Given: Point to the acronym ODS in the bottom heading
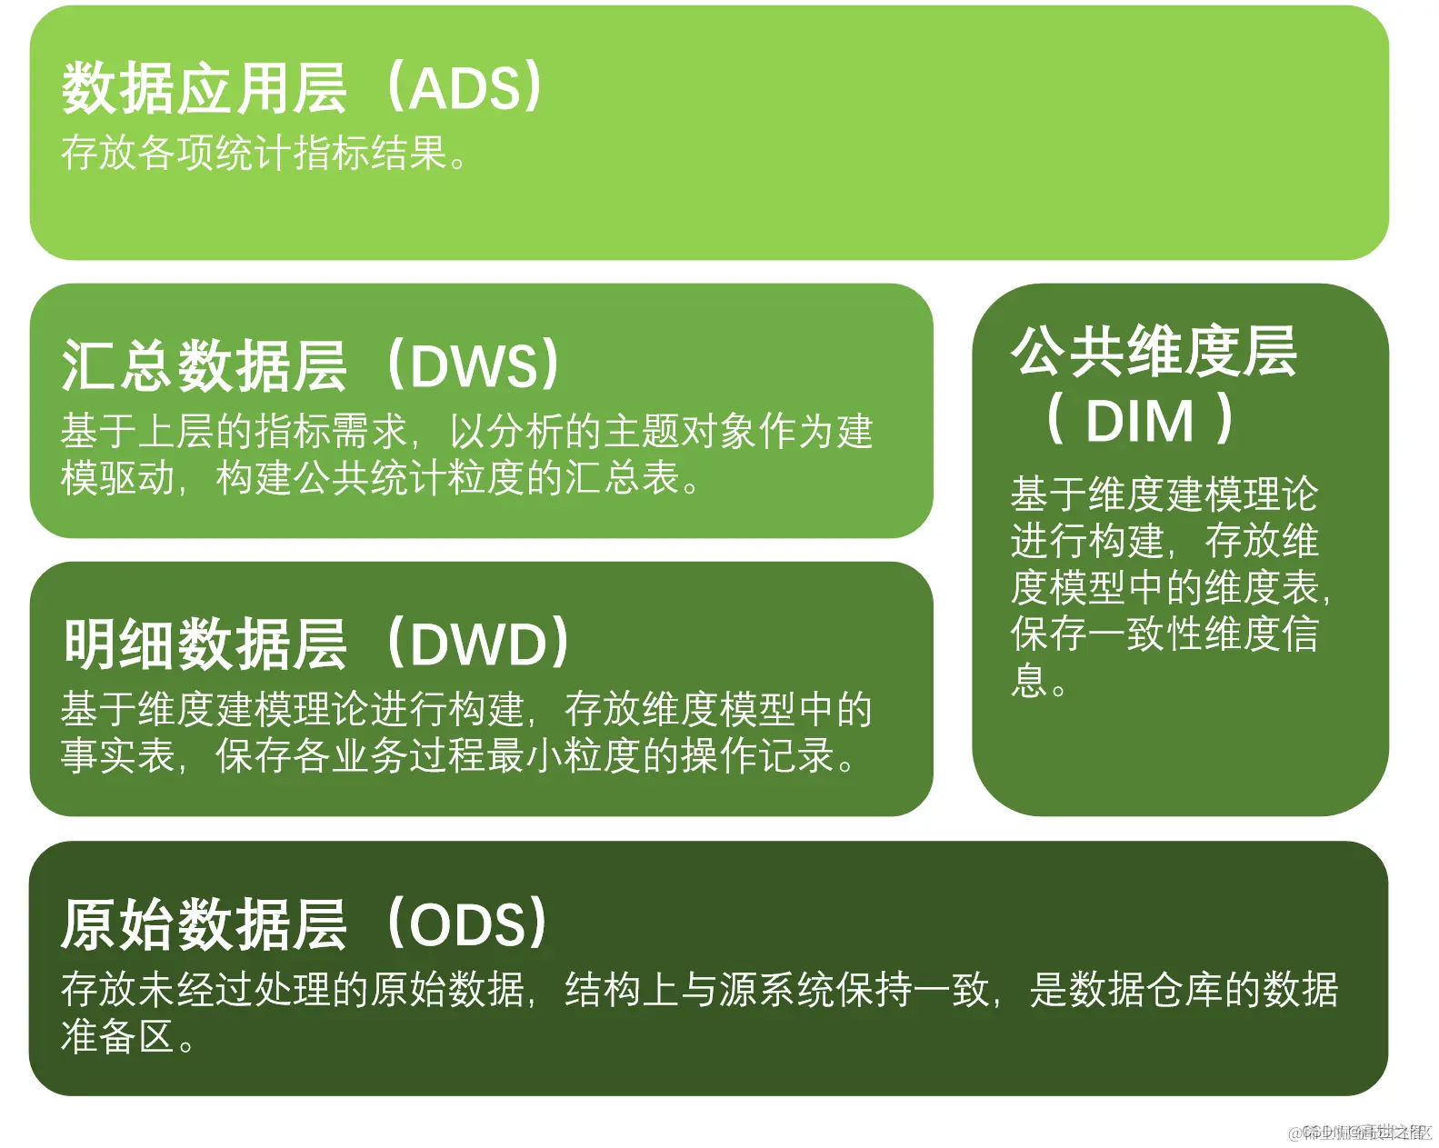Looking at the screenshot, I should (x=467, y=924).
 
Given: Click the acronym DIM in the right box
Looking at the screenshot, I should (x=1139, y=421).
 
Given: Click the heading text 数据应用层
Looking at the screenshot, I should (x=204, y=89).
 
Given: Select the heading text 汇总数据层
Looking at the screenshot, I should (x=204, y=366).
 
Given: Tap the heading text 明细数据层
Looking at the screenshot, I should (x=204, y=644).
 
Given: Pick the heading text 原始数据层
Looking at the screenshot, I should (x=204, y=924).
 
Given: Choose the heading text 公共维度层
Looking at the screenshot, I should (x=1154, y=352).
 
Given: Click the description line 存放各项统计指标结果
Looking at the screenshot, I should (x=255, y=153).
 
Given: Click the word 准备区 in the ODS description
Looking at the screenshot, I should (x=117, y=1036).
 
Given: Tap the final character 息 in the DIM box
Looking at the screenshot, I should (x=1029, y=681).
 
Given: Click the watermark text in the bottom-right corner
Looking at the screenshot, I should (x=1358, y=1133).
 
